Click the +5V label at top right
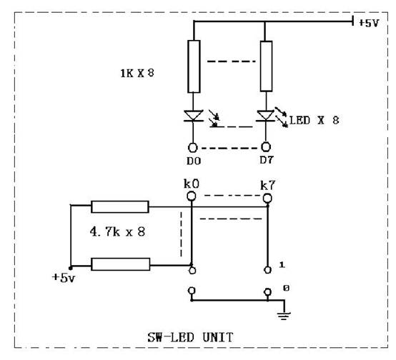(369, 23)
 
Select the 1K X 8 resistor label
(137, 73)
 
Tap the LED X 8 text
(314, 120)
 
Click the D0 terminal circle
(193, 148)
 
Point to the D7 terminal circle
(266, 146)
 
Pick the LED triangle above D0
(194, 116)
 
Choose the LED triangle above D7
(266, 116)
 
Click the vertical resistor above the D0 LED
(194, 66)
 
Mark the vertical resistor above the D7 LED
(266, 66)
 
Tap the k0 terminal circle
(191, 196)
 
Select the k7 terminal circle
(267, 198)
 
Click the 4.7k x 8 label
(117, 231)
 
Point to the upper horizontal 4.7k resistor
(120, 206)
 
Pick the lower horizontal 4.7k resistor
(121, 264)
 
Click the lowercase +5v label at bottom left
(64, 278)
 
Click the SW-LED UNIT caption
(190, 337)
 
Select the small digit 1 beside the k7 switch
(282, 265)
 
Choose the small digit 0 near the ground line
(286, 288)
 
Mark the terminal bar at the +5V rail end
(352, 21)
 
